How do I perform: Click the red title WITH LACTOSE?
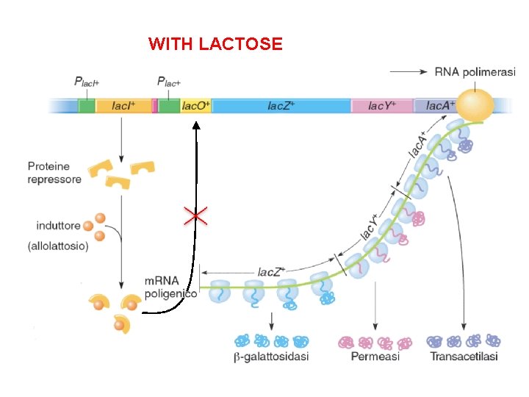(215, 44)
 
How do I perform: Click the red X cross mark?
(195, 215)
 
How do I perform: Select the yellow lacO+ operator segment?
(195, 106)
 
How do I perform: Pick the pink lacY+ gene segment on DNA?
(381, 106)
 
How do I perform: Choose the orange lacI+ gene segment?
(123, 106)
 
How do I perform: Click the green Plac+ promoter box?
(169, 106)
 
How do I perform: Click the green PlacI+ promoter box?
(87, 106)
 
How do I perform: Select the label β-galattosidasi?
(271, 357)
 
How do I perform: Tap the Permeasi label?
(375, 357)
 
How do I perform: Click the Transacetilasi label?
(464, 357)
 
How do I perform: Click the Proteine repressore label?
(54, 173)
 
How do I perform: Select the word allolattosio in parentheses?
(58, 246)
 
